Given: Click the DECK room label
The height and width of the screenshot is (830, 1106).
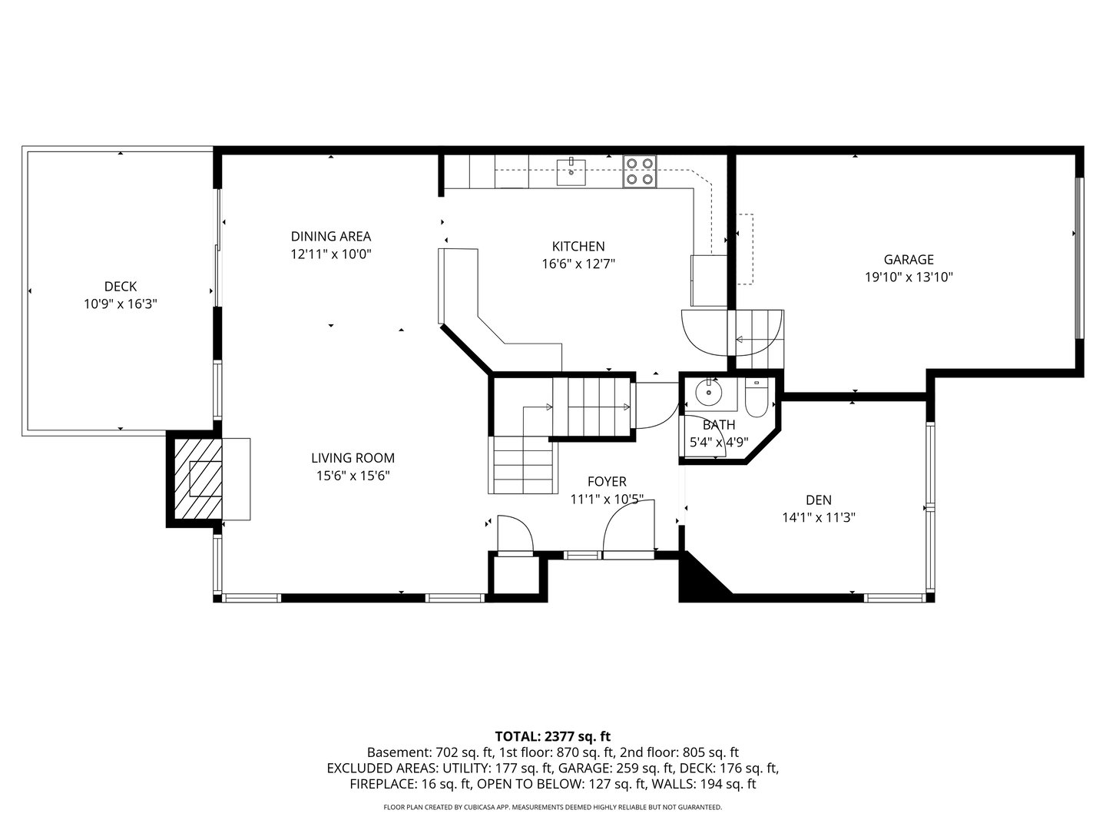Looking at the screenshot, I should click(121, 287).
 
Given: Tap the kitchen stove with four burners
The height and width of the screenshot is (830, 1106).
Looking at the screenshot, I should click(640, 171).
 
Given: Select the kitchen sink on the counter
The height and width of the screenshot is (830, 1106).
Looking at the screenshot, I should click(571, 171).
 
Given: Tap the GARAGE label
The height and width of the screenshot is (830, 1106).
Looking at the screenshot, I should click(908, 260).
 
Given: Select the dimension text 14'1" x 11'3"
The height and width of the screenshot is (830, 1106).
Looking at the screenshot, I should click(818, 518).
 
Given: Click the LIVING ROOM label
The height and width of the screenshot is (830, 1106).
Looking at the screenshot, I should click(353, 458).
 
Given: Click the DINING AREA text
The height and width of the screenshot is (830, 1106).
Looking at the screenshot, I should click(330, 236).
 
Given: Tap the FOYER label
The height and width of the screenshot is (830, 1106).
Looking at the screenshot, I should click(606, 482).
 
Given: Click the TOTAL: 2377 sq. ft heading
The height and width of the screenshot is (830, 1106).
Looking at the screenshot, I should click(552, 736).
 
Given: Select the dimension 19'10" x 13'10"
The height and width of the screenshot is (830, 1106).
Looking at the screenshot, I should click(909, 277).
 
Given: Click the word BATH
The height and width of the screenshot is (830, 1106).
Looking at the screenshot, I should click(718, 425).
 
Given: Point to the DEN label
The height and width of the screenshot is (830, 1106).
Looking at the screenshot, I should click(818, 500).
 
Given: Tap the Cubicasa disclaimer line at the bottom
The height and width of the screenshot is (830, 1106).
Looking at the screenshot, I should click(552, 807).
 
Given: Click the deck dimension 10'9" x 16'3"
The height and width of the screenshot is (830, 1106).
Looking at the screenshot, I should click(121, 304).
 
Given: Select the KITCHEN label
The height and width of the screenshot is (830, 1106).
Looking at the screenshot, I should click(578, 247).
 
